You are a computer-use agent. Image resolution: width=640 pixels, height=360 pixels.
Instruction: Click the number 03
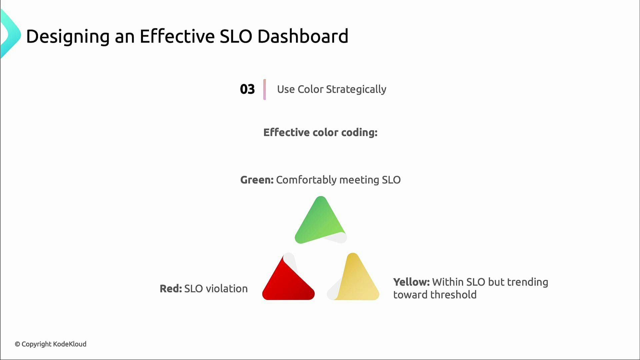coord(247,89)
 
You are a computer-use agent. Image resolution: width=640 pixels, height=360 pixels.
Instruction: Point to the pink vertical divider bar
coord(265,89)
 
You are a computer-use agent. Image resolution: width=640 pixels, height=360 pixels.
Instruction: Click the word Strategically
coord(356,89)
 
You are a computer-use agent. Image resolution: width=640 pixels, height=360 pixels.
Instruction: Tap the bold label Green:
coord(257,180)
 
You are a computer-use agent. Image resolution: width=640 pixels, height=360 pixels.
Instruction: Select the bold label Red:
coord(171,289)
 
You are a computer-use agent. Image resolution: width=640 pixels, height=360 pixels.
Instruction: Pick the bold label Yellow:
coord(411,282)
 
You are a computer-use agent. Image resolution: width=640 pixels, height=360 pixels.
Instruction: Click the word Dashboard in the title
coord(303,36)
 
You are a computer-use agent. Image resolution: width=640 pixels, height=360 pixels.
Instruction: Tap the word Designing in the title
coord(68,36)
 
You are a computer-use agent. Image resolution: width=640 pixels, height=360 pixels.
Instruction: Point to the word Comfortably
coord(306,180)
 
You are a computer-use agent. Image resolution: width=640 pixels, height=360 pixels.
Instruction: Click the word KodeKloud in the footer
coord(70,344)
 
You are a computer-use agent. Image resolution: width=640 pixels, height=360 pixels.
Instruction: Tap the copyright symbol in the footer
coord(17,344)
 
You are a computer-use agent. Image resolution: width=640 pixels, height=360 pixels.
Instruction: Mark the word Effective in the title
coord(177,36)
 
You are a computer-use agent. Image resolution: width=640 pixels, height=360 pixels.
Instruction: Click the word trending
coord(527,282)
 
